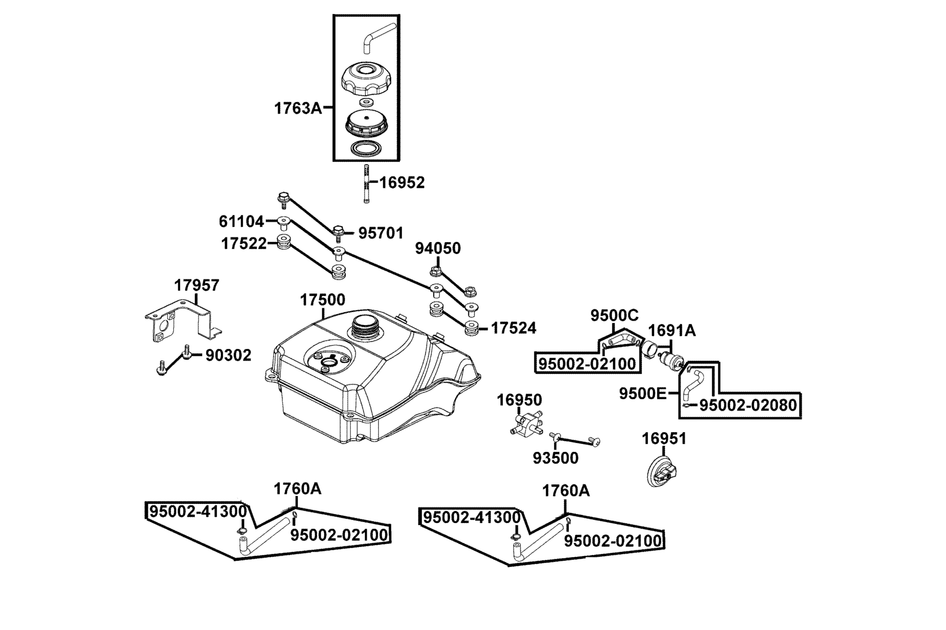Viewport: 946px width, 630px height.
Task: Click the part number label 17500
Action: coord(323,300)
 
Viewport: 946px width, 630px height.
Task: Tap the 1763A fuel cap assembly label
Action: coord(297,109)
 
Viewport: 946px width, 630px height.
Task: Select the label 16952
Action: coord(402,183)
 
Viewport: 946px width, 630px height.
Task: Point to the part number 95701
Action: coord(381,233)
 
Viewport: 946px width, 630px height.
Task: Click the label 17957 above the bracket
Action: coord(197,286)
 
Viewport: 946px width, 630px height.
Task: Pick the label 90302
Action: coord(228,355)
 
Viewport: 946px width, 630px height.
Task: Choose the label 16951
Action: coord(664,439)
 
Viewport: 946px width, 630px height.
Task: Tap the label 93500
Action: coord(556,458)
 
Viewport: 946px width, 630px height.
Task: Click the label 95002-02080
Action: coord(748,405)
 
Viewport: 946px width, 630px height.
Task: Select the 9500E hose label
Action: coord(642,393)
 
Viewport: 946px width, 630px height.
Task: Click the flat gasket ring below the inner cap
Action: coord(366,148)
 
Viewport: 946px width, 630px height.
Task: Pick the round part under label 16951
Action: coord(664,470)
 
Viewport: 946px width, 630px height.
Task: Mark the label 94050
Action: coord(438,248)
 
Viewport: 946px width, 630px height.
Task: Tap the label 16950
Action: coord(519,400)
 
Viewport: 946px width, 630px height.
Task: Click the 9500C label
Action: coord(614,316)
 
